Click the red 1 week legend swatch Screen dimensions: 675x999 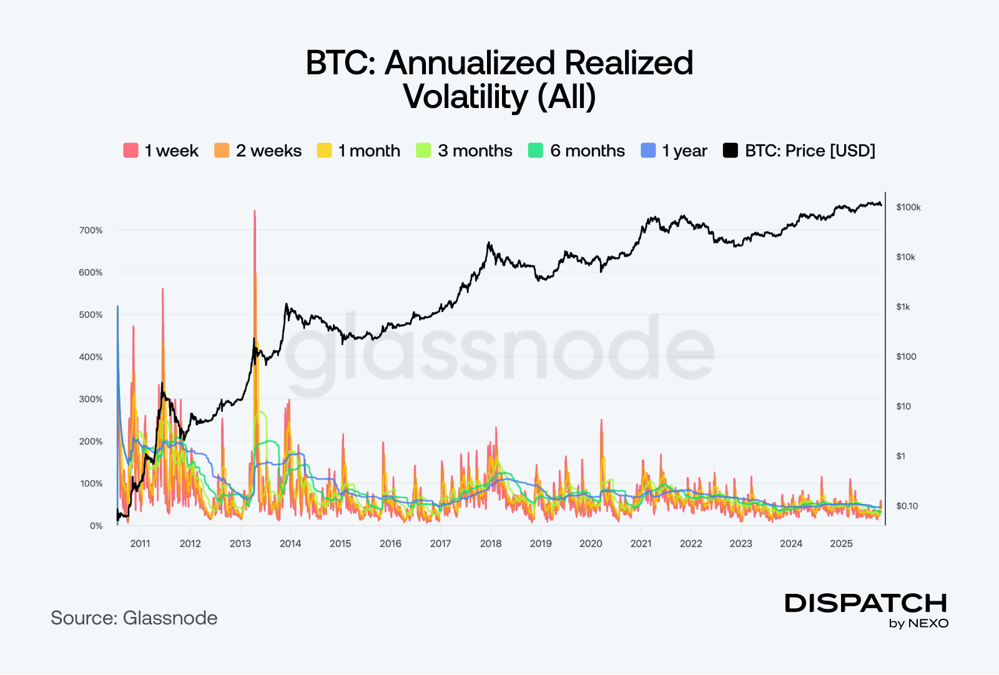(130, 150)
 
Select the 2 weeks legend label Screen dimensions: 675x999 (268, 151)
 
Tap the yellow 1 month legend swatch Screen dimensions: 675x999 (324, 150)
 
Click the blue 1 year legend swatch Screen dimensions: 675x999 (648, 150)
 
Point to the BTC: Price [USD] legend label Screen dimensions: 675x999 (810, 151)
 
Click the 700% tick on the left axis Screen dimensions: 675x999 (91, 230)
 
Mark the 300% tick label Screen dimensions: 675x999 (91, 399)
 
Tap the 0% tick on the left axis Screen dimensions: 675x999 (96, 526)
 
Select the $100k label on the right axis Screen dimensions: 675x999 (908, 207)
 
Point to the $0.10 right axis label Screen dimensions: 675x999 (907, 506)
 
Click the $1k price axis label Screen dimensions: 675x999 (903, 307)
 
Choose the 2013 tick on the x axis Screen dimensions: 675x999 (240, 543)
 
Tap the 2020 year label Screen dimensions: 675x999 (591, 543)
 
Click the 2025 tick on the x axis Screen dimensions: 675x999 (841, 543)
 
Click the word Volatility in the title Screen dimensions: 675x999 (466, 97)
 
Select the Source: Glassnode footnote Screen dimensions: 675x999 (134, 618)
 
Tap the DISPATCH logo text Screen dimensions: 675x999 (866, 603)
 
